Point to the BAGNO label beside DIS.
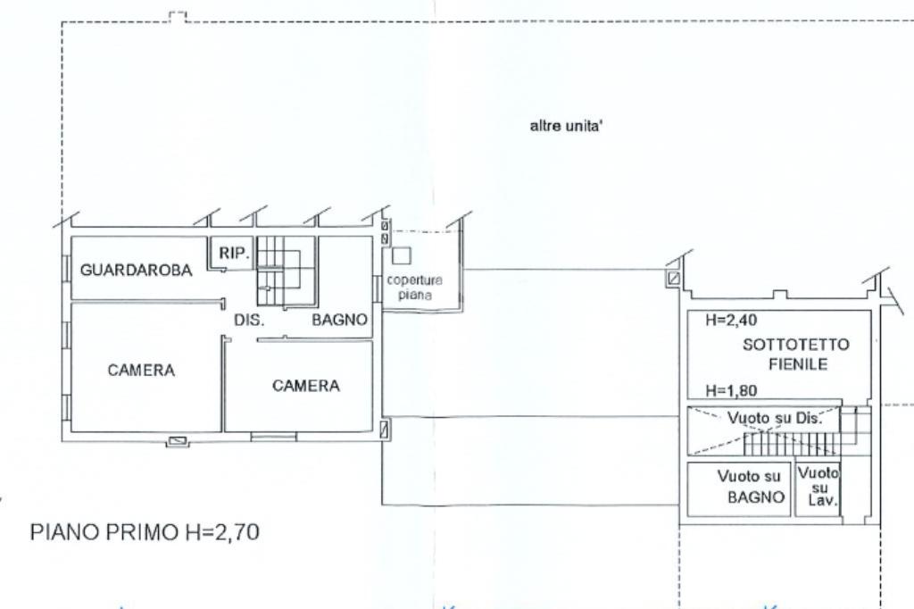339,321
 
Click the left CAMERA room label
141,371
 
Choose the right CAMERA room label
305,386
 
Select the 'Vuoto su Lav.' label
819,488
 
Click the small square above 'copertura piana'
402,254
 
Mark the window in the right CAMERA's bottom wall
273,436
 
